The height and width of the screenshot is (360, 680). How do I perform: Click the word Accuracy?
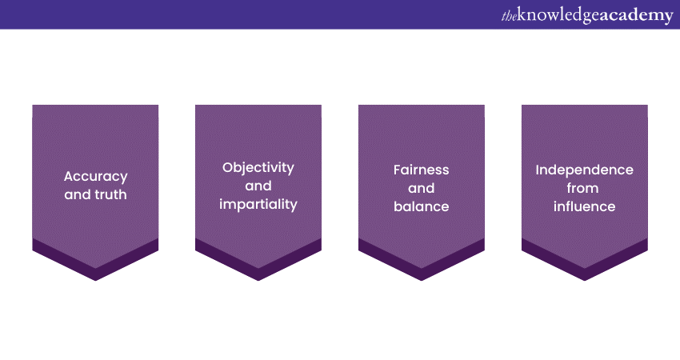point(96,177)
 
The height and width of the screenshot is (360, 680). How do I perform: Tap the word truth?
point(111,194)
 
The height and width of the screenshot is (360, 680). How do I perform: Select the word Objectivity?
point(258,167)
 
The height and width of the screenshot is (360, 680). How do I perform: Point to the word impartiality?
point(258,204)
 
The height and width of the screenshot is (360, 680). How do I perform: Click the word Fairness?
point(422,170)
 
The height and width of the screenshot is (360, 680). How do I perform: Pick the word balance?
point(422,206)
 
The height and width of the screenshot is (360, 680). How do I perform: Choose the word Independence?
point(585,170)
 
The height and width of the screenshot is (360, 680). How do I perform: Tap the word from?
point(582,188)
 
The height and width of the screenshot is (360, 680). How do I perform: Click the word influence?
point(585,206)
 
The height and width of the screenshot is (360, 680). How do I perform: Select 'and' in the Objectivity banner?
point(258,186)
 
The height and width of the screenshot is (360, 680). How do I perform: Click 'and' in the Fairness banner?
point(422,188)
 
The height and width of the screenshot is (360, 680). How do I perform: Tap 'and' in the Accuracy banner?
point(78,194)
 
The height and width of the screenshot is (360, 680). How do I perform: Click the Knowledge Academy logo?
point(587,15)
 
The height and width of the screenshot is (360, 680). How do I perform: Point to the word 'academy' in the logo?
point(637,16)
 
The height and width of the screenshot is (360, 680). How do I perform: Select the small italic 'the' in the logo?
point(509,16)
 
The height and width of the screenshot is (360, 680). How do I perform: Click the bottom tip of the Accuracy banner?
point(95,281)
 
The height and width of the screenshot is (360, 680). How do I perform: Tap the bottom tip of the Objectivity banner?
point(258,281)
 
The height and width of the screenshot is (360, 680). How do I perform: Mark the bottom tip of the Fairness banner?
point(422,281)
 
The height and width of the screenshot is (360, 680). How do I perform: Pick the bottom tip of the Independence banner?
point(585,281)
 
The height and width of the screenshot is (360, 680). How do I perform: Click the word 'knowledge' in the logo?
point(558,15)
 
